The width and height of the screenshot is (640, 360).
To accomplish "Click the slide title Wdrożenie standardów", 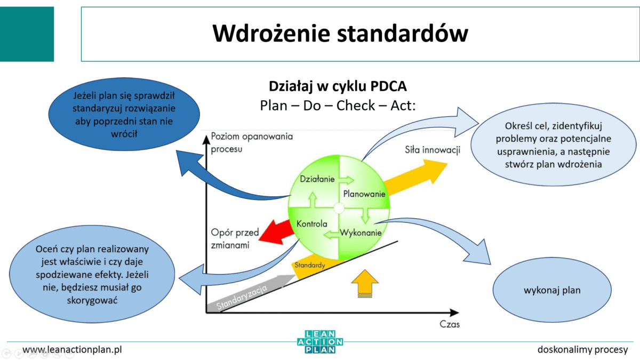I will click(340, 33).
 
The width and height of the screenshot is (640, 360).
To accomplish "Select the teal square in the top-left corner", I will click(27, 34).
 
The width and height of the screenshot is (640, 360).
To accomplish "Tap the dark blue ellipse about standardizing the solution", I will click(124, 115).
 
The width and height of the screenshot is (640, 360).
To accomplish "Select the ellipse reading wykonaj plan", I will click(552, 291).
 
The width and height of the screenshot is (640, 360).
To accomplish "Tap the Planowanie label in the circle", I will click(364, 194).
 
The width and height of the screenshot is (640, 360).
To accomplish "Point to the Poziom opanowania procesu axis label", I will click(252, 142).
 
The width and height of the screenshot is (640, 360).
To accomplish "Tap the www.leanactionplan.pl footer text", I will click(73, 350).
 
